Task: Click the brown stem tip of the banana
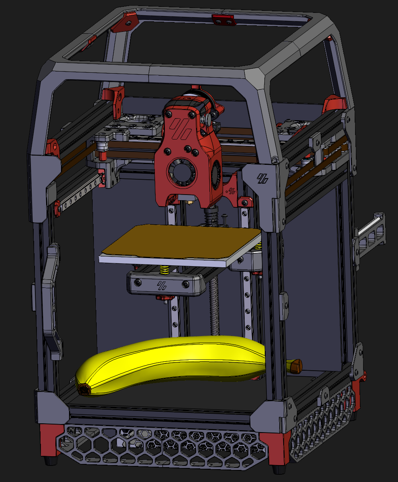point(296,365)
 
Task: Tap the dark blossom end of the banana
point(84,389)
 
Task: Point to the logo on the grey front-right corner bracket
point(263,178)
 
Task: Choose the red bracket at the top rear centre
point(223,19)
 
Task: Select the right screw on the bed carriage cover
point(185,285)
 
